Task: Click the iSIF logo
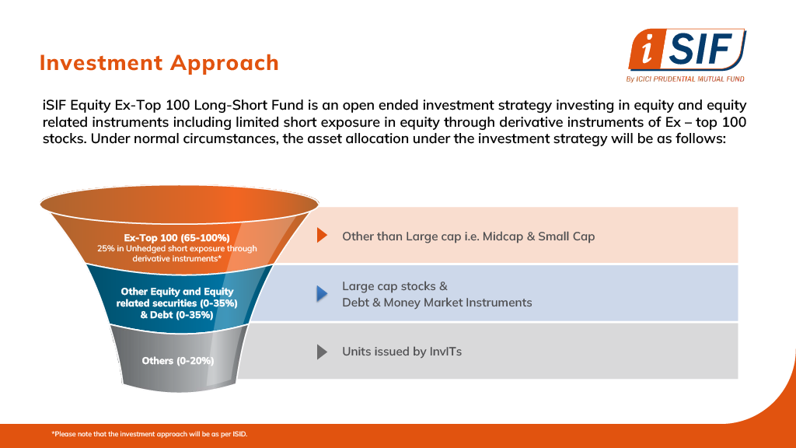[x=686, y=55]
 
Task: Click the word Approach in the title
[x=225, y=63]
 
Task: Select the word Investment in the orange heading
[x=101, y=62]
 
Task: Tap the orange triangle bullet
[x=322, y=235]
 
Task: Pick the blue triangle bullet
[x=322, y=293]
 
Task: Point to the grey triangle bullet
[x=322, y=352]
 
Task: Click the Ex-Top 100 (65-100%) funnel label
[x=176, y=238]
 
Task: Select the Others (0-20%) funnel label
[x=178, y=361]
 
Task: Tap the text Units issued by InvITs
[x=402, y=352]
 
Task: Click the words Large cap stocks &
[x=394, y=286]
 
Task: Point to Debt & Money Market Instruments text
[x=437, y=303]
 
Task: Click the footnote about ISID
[x=149, y=434]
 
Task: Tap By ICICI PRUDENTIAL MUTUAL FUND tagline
[x=685, y=79]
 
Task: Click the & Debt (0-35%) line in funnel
[x=176, y=315]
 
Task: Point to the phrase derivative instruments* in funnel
[x=176, y=258]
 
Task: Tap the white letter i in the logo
[x=647, y=51]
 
